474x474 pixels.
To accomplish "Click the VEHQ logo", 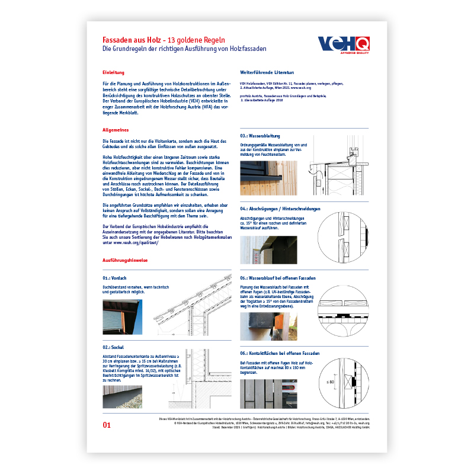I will tap(344, 44).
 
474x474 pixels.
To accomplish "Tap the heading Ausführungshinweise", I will tap(125, 260).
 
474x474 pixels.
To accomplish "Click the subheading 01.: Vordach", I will tap(114, 278).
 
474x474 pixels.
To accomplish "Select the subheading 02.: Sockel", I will tap(113, 347).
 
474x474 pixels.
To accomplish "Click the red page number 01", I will tap(107, 424).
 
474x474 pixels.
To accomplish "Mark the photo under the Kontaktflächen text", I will tap(268, 393).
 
